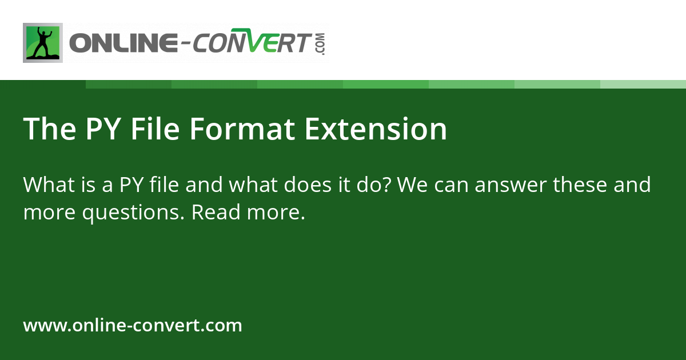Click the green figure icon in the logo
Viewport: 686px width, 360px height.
tap(43, 43)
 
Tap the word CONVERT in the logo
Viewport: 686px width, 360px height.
tap(254, 44)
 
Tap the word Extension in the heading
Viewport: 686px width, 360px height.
tap(376, 129)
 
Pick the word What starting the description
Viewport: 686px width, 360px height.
tap(49, 185)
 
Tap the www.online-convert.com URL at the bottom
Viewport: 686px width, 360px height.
tap(133, 326)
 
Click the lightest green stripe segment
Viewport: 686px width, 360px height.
tap(643, 84)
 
